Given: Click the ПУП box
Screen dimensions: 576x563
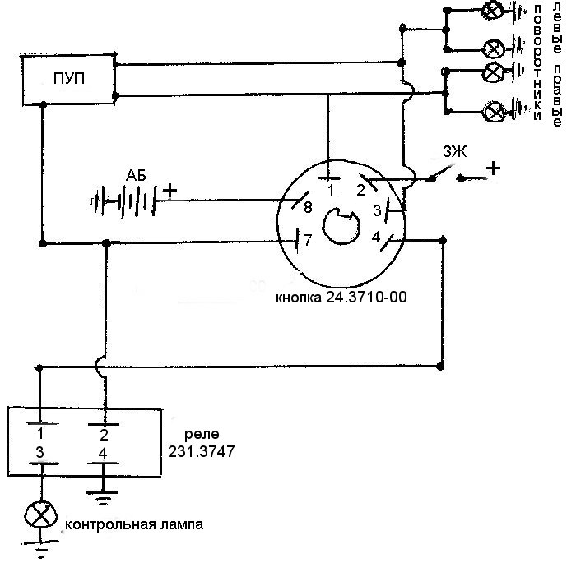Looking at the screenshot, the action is pyautogui.click(x=68, y=80).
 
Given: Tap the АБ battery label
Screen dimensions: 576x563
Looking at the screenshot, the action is pyautogui.click(x=136, y=176).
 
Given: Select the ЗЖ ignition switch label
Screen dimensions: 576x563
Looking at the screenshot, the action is pyautogui.click(x=455, y=151).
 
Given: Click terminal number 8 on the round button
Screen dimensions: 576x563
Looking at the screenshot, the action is pyautogui.click(x=308, y=207).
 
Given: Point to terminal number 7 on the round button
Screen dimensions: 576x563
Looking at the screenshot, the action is pyautogui.click(x=308, y=240).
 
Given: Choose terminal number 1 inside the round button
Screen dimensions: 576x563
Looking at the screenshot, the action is pyautogui.click(x=331, y=191).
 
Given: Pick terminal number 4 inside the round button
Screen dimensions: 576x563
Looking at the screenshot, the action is pyautogui.click(x=376, y=238).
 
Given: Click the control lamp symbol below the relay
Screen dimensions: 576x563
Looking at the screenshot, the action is pyautogui.click(x=41, y=515).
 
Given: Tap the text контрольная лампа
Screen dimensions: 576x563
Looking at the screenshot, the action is pyautogui.click(x=133, y=524).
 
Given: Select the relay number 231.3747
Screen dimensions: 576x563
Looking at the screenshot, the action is pyautogui.click(x=202, y=451).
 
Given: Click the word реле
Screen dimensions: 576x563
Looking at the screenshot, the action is pyautogui.click(x=202, y=435).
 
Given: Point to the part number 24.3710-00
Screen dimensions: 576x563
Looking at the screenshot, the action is pyautogui.click(x=367, y=297).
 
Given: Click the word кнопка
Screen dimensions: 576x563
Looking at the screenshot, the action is pyautogui.click(x=299, y=298).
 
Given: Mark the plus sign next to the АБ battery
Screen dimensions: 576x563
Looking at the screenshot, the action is pyautogui.click(x=170, y=191).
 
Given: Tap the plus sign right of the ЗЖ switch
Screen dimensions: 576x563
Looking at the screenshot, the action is pyautogui.click(x=493, y=168).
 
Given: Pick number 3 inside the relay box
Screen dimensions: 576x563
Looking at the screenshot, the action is pyautogui.click(x=39, y=452).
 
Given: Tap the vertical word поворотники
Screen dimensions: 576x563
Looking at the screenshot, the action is pyautogui.click(x=537, y=62).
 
